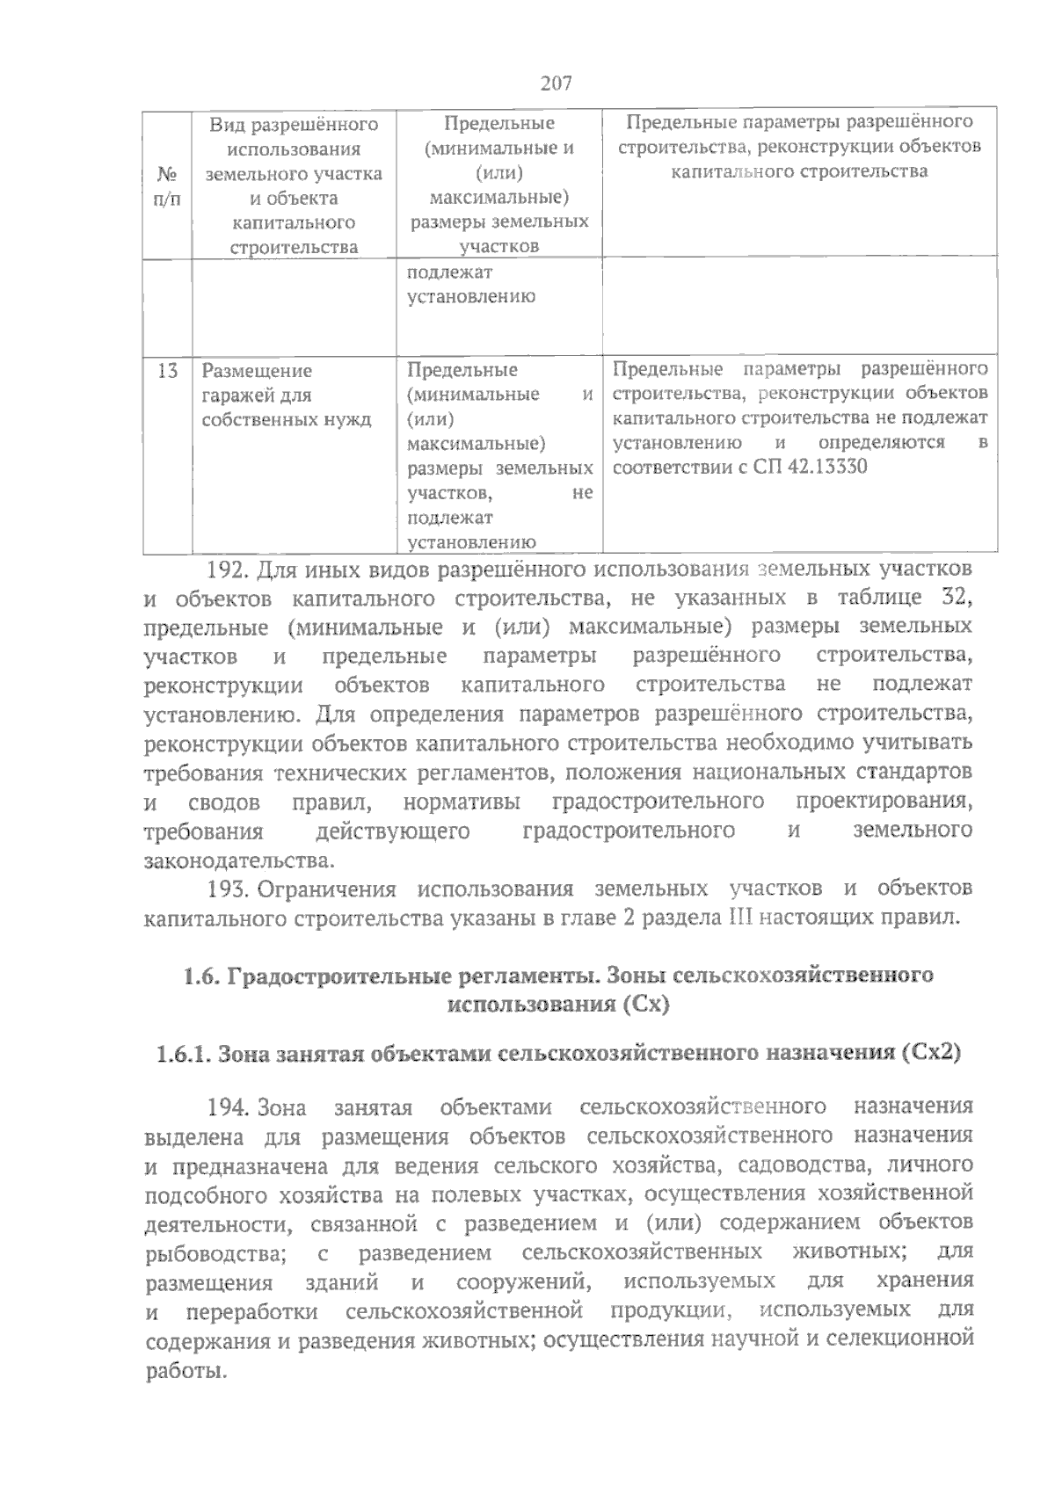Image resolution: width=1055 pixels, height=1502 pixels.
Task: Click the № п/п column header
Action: [167, 185]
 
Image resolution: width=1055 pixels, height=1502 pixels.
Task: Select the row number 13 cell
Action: [167, 370]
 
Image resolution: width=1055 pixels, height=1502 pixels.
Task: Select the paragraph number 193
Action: [229, 889]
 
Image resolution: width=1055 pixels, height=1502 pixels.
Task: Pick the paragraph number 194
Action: [229, 1106]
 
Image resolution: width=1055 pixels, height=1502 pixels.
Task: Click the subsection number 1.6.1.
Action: [182, 1052]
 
